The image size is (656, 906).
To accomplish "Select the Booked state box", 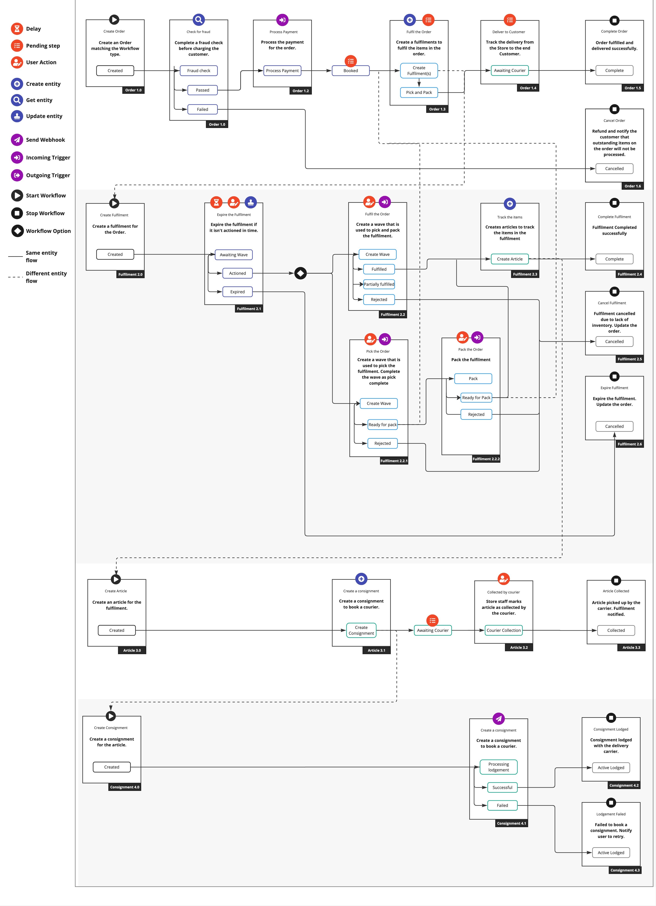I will (351, 71).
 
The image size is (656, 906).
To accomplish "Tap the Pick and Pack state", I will (419, 92).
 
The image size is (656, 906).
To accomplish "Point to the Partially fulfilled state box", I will (379, 284).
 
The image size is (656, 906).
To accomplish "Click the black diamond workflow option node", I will (300, 273).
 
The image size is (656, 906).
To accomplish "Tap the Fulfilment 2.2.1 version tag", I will (394, 461).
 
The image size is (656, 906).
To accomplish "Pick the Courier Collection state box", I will (504, 630).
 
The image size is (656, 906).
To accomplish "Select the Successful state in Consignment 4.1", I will (502, 787).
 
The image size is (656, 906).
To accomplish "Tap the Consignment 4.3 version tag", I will (625, 870).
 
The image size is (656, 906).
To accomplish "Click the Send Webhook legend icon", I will (17, 140).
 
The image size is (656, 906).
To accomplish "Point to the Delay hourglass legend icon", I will (17, 29).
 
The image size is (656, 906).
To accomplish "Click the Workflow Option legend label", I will (48, 231).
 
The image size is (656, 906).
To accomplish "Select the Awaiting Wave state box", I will (234, 255).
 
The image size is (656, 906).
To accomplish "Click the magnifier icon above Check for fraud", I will (198, 20).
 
